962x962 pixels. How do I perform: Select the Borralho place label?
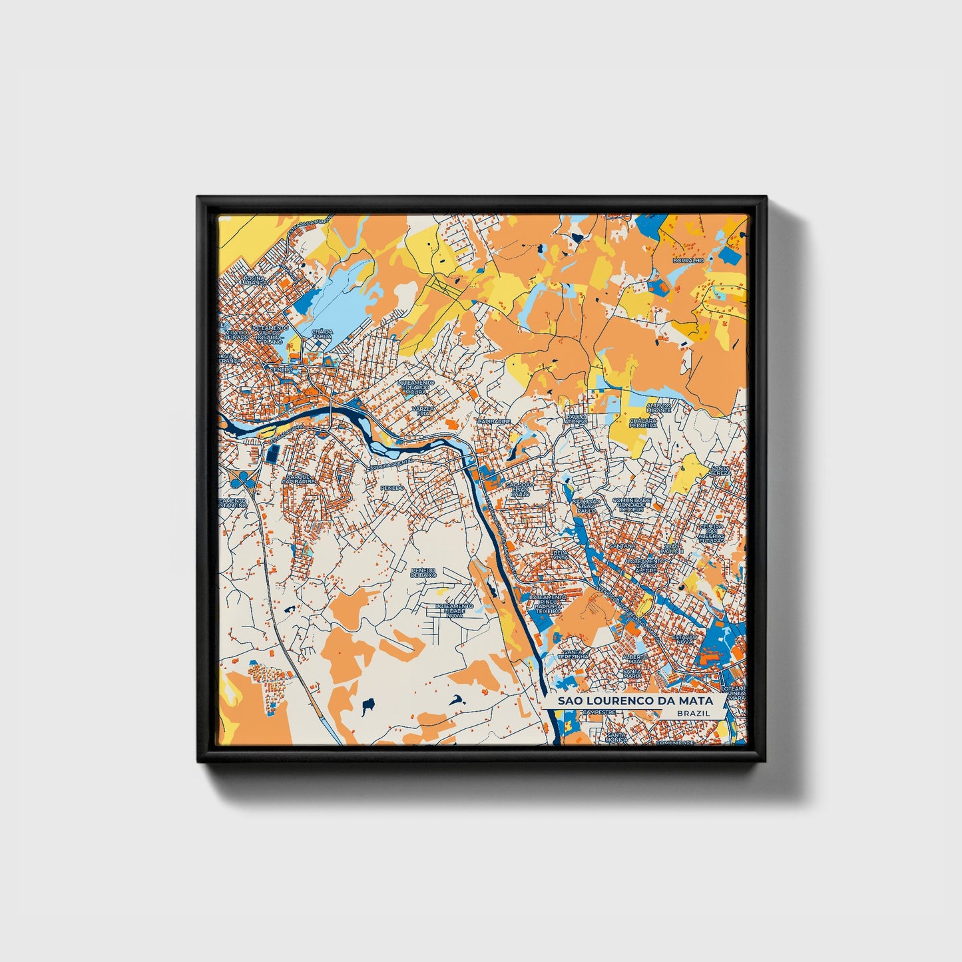688,260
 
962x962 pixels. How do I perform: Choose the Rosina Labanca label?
254,280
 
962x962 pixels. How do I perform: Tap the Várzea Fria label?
421,410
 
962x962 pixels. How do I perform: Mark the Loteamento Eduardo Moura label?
415,387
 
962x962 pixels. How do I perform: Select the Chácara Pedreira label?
643,423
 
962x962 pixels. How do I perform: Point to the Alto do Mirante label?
658,407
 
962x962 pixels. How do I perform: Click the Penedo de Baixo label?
423,573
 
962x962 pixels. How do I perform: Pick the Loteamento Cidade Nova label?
454,610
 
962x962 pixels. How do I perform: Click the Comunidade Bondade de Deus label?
630,505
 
